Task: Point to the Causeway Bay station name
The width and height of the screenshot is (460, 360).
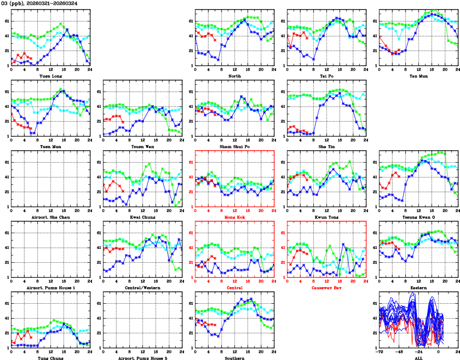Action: pos(327,288)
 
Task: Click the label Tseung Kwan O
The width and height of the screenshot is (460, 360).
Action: pos(419,217)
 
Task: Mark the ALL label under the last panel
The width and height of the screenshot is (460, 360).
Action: pos(419,358)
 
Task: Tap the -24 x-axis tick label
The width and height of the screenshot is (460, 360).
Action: pos(419,351)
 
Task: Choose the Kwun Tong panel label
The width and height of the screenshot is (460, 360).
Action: pos(327,217)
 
